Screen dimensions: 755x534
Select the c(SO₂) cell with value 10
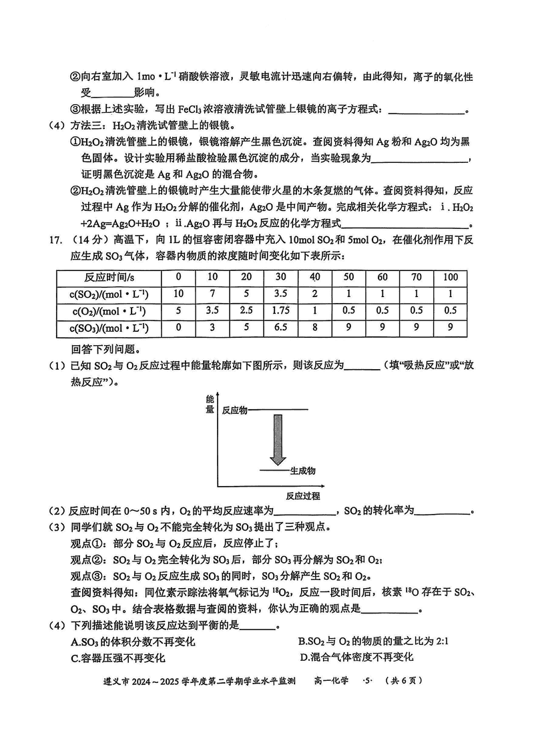[x=178, y=294]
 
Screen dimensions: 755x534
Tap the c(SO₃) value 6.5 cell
[x=280, y=328]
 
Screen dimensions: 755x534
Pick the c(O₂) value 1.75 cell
[x=280, y=311]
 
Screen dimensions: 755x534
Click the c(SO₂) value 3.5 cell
[x=280, y=294]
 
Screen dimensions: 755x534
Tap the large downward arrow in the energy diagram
[x=278, y=438]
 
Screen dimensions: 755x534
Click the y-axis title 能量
[x=210, y=405]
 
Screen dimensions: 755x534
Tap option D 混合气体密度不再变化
[x=356, y=658]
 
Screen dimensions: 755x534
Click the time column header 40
[x=314, y=277]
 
